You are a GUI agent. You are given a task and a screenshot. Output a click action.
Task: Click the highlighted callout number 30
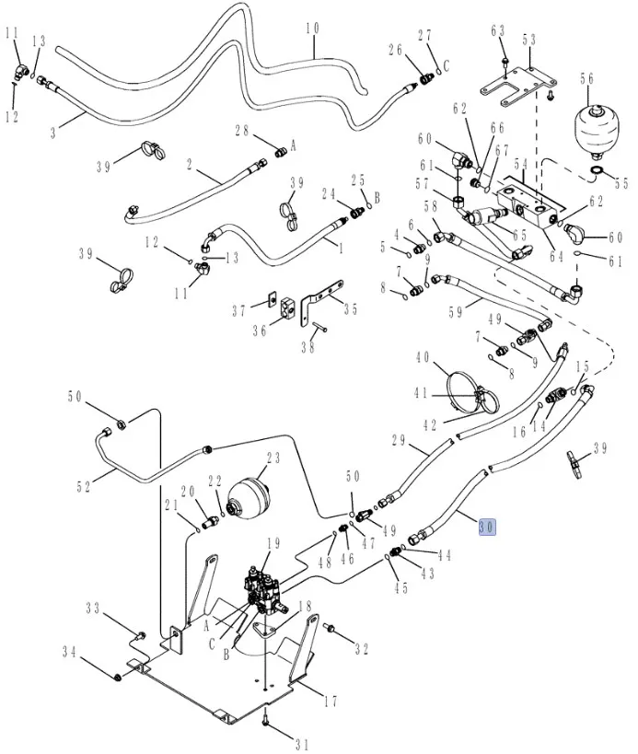coord(487,528)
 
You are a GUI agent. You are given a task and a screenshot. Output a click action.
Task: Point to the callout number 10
coord(312,29)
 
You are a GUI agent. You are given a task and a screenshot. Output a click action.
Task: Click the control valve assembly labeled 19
coord(266,589)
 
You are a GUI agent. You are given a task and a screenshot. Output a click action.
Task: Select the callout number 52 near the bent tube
coord(84,487)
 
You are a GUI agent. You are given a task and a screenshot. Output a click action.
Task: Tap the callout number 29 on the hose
coord(399,441)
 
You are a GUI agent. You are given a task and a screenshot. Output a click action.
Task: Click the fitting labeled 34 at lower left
coord(118,679)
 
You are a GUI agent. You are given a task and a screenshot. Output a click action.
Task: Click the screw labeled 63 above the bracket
coord(505,62)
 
